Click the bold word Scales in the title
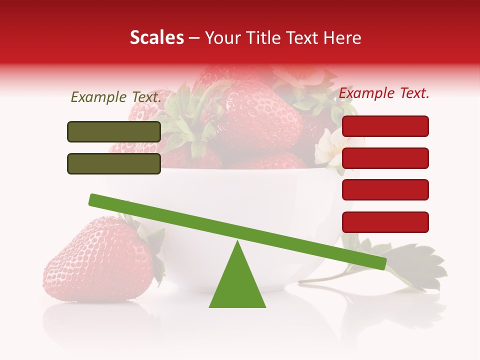pos(157,38)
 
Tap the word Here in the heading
pos(342,38)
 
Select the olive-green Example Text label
pos(116,97)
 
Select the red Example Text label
pos(384,93)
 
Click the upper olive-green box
pos(114,131)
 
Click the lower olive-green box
pos(114,163)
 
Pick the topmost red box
pos(385,126)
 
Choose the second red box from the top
pos(385,158)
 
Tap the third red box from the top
pos(385,189)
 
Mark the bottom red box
pos(385,222)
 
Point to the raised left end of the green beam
pos(95,200)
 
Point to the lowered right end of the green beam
pos(380,263)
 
